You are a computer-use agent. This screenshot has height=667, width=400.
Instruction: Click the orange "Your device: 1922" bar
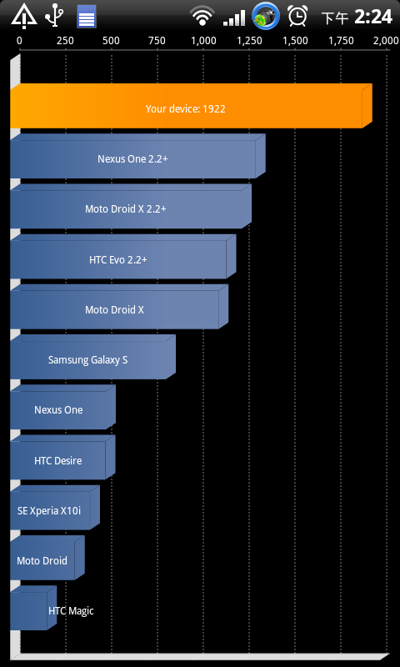pyautogui.click(x=191, y=106)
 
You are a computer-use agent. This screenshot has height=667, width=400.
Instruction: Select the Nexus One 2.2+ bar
pyautogui.click(x=137, y=156)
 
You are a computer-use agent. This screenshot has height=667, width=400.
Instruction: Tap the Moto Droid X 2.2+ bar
pyautogui.click(x=131, y=206)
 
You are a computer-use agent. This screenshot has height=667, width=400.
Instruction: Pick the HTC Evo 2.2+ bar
pyautogui.click(x=122, y=257)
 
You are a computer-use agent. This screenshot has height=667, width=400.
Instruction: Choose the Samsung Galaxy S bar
pyautogui.click(x=92, y=357)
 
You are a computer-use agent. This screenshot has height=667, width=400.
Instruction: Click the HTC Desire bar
pyautogui.click(x=62, y=457)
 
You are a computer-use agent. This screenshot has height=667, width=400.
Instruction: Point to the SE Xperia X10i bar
pyautogui.click(x=55, y=508)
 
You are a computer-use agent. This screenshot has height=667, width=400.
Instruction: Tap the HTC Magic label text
pyautogui.click(x=71, y=611)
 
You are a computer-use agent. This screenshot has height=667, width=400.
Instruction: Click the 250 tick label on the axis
pyautogui.click(x=65, y=41)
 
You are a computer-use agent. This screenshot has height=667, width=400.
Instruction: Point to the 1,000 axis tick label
pyautogui.click(x=203, y=41)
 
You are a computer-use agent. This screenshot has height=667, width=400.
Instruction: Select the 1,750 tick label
pyautogui.click(x=342, y=41)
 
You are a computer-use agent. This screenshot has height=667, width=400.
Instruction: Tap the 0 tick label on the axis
pyautogui.click(x=19, y=41)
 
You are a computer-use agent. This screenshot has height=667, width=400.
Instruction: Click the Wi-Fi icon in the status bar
pyautogui.click(x=202, y=16)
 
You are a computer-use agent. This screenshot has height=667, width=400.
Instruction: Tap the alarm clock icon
pyautogui.click(x=297, y=16)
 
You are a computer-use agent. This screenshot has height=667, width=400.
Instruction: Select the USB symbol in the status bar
pyautogui.click(x=54, y=16)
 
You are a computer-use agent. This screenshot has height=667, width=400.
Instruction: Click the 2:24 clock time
pyautogui.click(x=372, y=17)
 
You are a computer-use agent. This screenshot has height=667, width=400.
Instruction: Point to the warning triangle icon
pyautogui.click(x=24, y=17)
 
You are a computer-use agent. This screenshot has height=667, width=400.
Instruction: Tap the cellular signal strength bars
pyautogui.click(x=234, y=18)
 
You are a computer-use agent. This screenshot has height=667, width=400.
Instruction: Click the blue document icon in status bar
pyautogui.click(x=87, y=17)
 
